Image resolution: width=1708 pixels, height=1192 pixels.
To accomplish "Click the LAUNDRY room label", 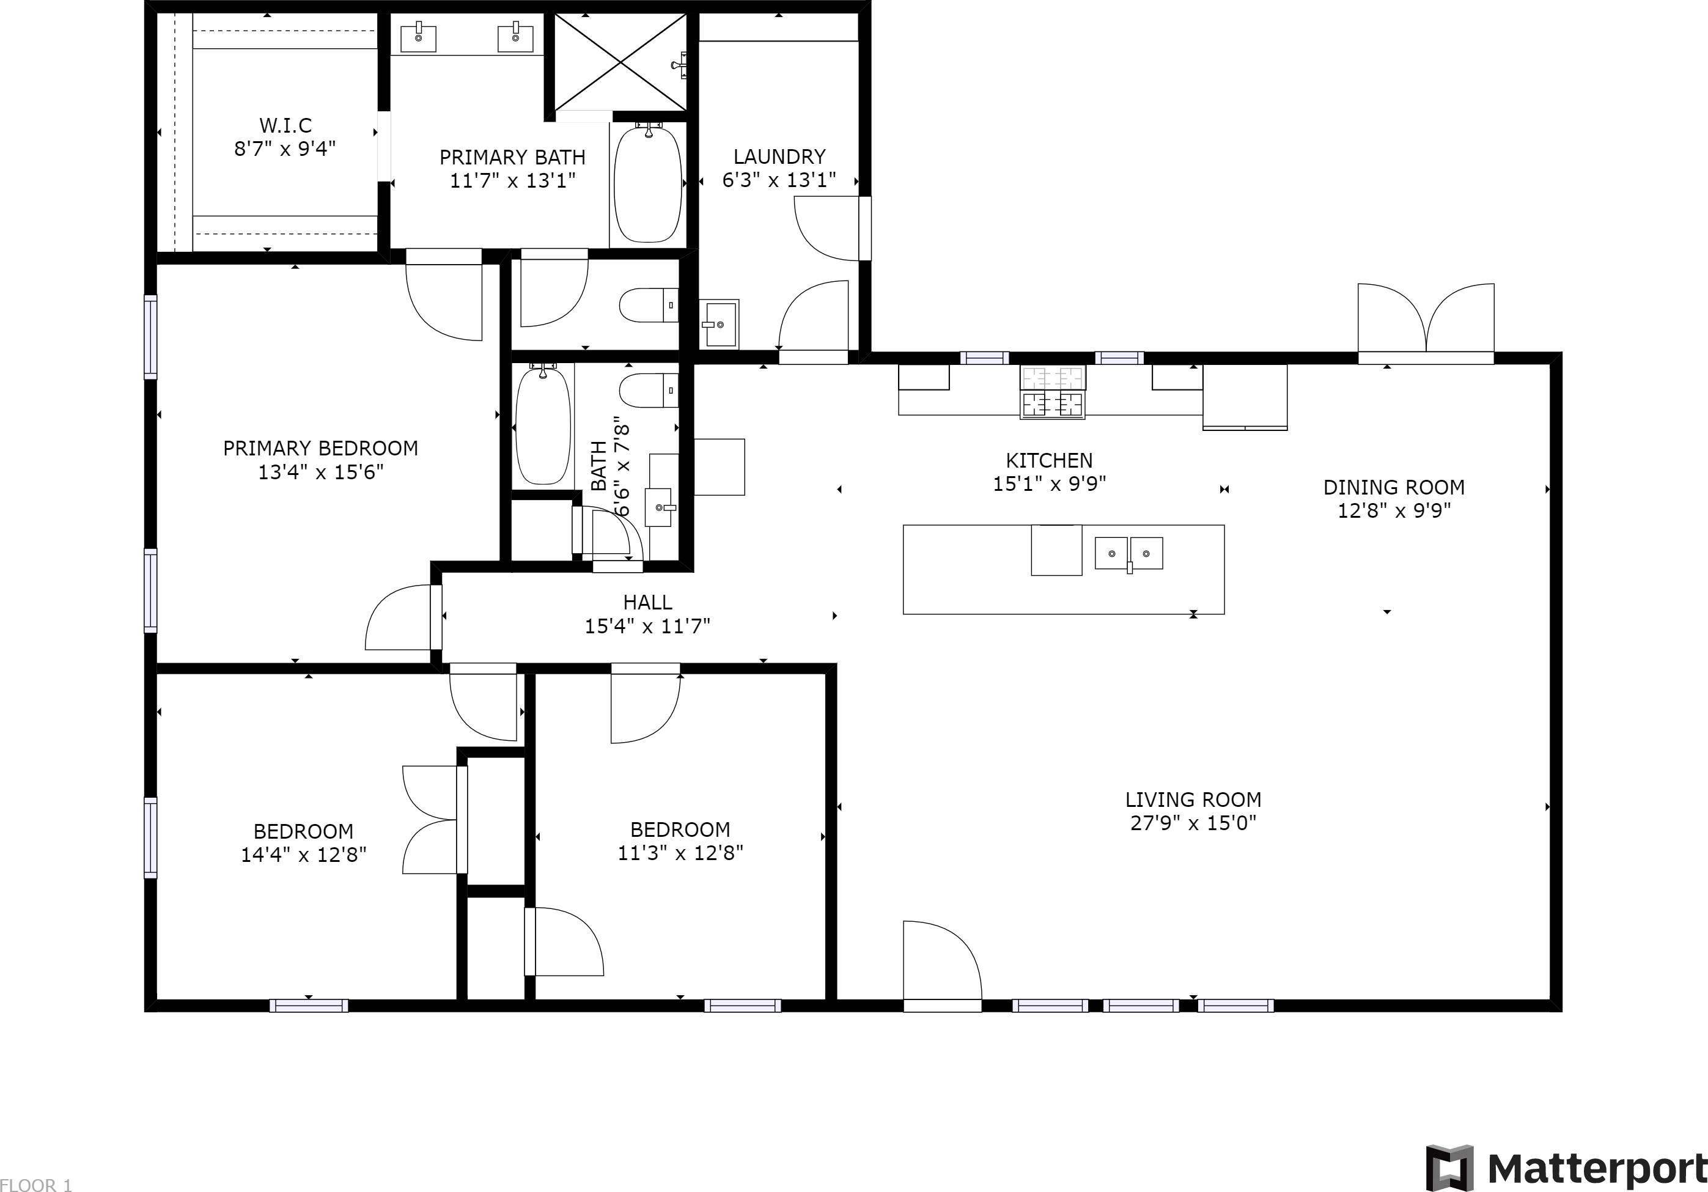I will (x=779, y=157).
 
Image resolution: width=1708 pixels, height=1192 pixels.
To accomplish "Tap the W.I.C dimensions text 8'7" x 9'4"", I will (x=285, y=149).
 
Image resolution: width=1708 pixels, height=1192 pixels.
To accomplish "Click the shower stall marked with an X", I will (x=620, y=62).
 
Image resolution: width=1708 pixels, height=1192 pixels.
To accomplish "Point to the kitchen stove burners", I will (x=1052, y=391).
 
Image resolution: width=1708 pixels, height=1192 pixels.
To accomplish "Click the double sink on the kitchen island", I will (x=1128, y=554).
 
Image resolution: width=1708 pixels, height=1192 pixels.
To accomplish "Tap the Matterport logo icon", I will (x=1449, y=1168).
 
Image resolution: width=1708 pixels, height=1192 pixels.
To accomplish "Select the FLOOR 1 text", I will (x=35, y=1185).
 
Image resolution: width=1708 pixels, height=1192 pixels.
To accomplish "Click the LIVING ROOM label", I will (x=1193, y=800).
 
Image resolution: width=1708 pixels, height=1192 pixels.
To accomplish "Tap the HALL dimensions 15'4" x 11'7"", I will (x=647, y=627).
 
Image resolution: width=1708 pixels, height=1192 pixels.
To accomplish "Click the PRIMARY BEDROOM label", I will (x=320, y=448).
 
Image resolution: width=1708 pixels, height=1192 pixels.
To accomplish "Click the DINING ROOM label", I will (x=1393, y=487).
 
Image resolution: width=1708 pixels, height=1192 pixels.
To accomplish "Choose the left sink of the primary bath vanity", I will (x=418, y=38).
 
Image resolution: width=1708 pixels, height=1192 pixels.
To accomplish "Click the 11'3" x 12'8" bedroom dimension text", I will (x=680, y=853).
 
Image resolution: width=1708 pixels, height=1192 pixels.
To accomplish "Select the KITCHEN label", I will (x=1049, y=460).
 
